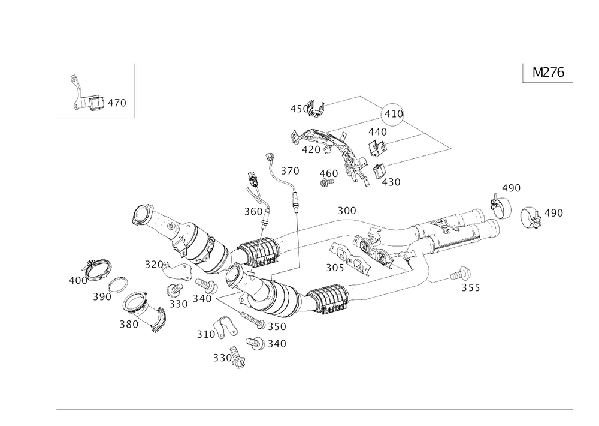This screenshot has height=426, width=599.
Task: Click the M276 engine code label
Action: pos(547,73)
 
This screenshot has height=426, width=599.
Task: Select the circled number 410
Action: pos(393,112)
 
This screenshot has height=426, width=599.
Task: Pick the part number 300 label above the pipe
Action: pos(346,210)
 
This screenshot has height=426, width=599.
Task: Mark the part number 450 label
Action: pos(297,109)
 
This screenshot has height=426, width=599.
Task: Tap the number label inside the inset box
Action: pos(117,104)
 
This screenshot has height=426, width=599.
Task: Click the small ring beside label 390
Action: pos(120,284)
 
